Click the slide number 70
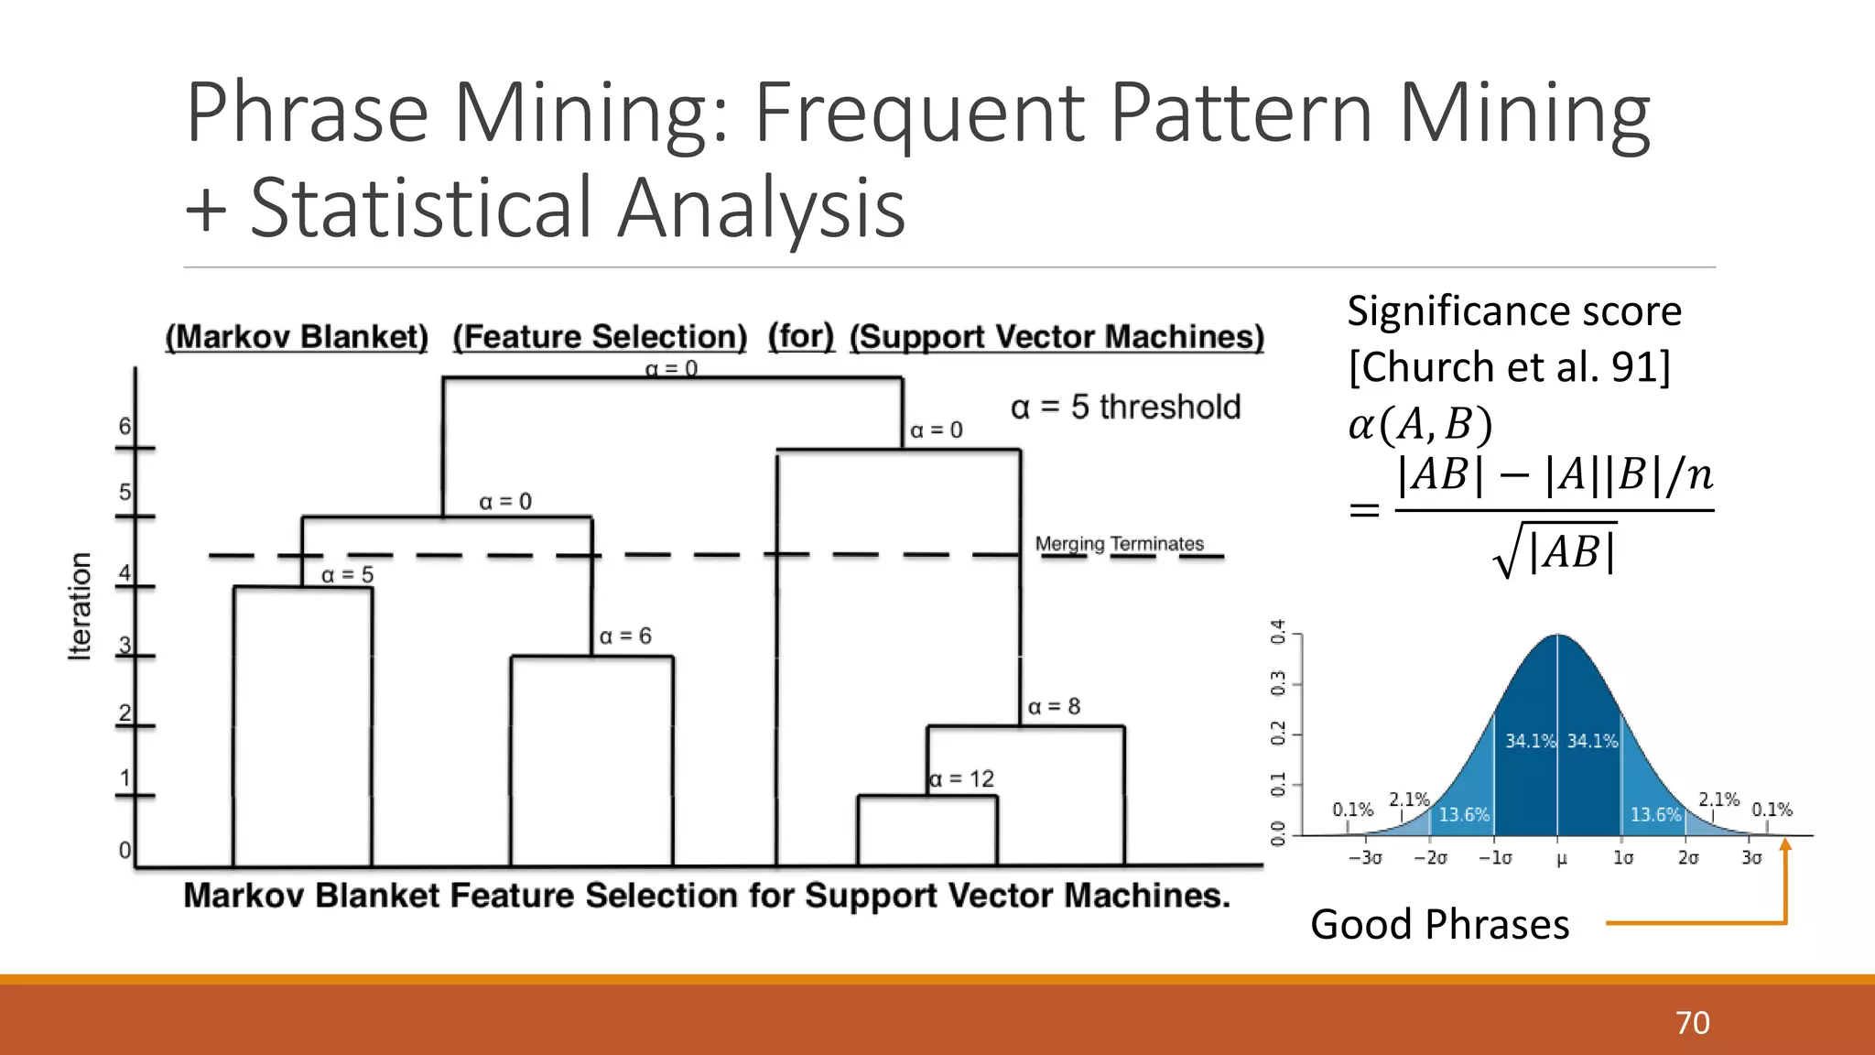1692,1022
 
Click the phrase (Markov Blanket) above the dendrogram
297,337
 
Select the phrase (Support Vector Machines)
1057,337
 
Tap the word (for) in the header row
801,336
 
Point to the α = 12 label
961,779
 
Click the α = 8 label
1054,707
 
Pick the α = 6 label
625,636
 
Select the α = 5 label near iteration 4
347,575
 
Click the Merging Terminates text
1119,544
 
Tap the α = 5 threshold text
1125,407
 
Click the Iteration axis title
81,605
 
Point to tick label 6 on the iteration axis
125,427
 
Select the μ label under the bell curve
1561,859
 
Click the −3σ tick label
1364,858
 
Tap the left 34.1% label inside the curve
1530,741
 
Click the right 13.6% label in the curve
1655,815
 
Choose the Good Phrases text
1439,924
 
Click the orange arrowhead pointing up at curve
1784,845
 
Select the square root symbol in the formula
1507,553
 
